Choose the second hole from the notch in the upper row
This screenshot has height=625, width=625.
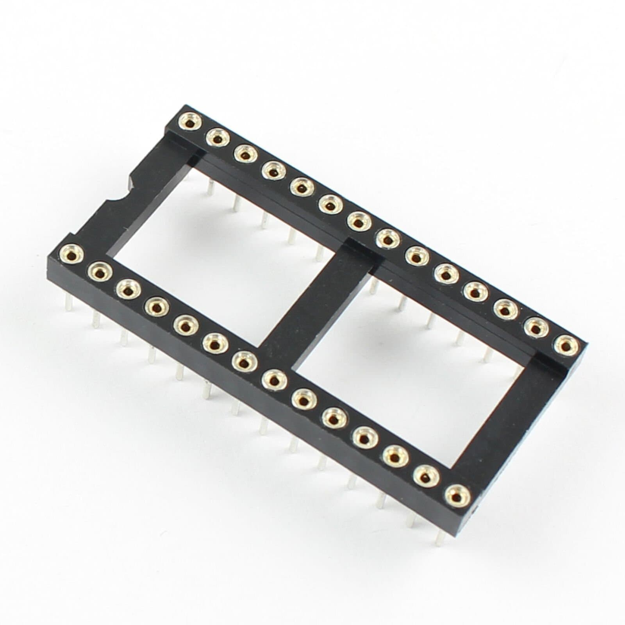[217, 138]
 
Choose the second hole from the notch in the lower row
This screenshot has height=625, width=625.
[98, 271]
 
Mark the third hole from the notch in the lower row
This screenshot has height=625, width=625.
[127, 289]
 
